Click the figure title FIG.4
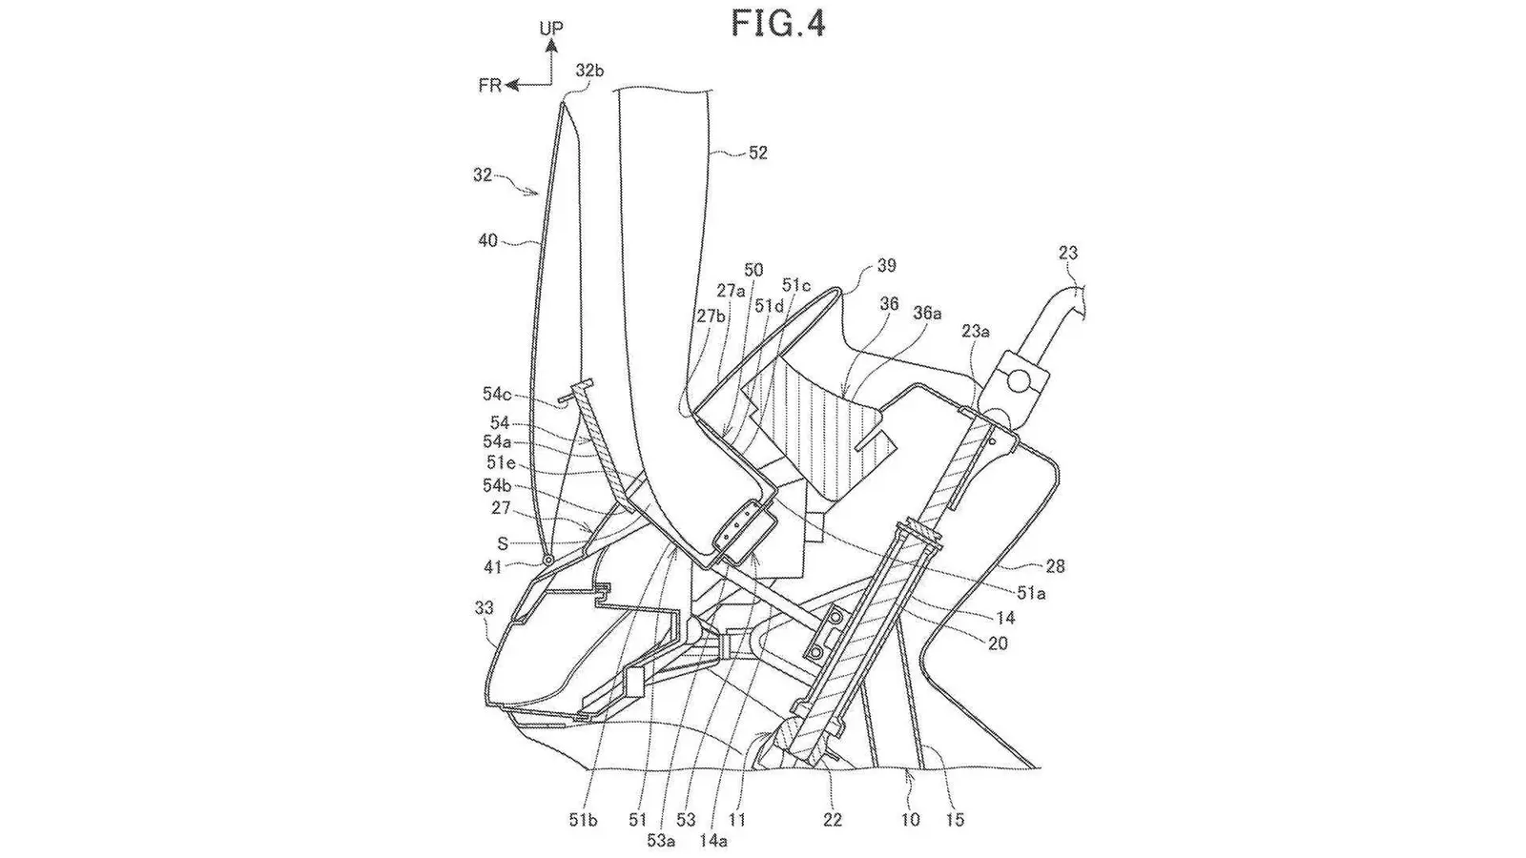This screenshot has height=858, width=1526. tap(778, 25)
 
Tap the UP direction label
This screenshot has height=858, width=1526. tap(551, 29)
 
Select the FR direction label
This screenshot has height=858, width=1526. tap(490, 85)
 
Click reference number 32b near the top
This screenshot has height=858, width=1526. tap(590, 71)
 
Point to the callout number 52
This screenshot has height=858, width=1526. tap(757, 153)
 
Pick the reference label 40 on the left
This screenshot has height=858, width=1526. tap(488, 240)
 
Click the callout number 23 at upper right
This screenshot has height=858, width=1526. tap(1068, 253)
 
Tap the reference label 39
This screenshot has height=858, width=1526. tap(886, 266)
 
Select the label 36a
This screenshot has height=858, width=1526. tap(927, 313)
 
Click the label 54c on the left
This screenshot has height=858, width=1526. tap(497, 394)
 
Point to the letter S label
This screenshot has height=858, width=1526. tap(503, 543)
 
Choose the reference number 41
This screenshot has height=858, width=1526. tap(492, 566)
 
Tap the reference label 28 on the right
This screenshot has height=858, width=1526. tap(1055, 566)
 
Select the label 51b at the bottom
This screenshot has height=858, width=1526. tap(583, 821)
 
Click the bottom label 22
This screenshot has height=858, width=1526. tap(833, 820)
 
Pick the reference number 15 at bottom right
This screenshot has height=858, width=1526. tap(955, 820)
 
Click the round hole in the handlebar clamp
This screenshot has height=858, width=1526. tap(1019, 380)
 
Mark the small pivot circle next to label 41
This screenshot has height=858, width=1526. tap(546, 560)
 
